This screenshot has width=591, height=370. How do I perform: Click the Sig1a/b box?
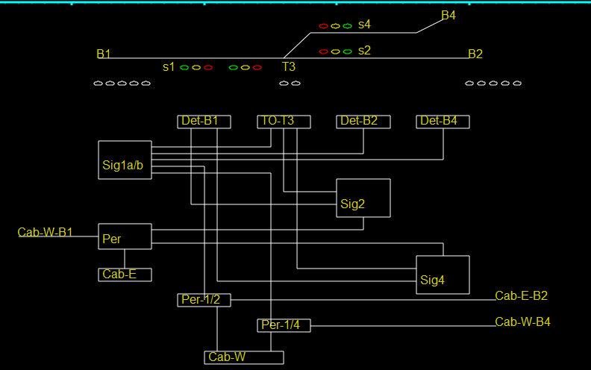point(125,160)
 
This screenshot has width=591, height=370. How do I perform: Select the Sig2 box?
point(363,198)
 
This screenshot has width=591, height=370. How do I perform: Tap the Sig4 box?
point(443,275)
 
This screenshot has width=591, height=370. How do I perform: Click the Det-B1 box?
point(204,122)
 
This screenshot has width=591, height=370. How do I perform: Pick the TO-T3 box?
point(284,122)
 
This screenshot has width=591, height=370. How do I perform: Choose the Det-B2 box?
point(363,122)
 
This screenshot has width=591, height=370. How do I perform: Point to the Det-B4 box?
point(443,122)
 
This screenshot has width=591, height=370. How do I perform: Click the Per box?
point(125,236)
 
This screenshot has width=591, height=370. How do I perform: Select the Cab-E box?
point(125,275)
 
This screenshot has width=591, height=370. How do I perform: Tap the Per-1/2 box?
point(204,300)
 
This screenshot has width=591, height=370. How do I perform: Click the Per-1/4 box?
point(284,325)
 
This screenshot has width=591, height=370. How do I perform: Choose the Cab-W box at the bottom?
point(244,357)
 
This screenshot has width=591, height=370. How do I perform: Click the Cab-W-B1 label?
point(46,233)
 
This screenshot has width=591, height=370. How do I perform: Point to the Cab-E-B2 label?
point(521,296)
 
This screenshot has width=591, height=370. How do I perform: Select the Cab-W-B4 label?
point(522,322)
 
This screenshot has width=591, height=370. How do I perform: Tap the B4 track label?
point(448,15)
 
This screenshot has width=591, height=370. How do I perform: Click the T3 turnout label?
point(289,67)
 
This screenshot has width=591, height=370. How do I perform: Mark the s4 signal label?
point(364,25)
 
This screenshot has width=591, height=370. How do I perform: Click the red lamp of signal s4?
point(323,26)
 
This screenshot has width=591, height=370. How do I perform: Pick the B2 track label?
point(475,54)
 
